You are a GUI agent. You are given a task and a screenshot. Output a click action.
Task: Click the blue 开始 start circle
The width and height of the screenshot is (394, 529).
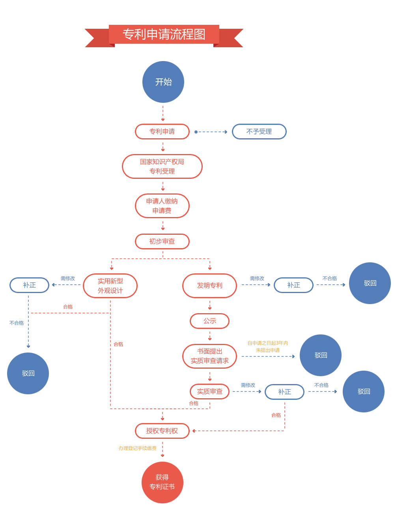tap(163, 82)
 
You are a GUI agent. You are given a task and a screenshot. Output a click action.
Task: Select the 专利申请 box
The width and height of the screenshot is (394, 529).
tap(162, 132)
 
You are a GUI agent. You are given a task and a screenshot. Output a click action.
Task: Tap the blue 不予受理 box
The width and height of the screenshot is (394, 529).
tap(259, 132)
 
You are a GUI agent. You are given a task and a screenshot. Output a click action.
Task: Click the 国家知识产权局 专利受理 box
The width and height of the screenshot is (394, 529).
tap(162, 167)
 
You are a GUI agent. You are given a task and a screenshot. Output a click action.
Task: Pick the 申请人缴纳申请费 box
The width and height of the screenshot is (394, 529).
tap(162, 206)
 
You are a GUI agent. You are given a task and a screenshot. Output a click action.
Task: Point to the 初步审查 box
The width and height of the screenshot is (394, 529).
tap(162, 241)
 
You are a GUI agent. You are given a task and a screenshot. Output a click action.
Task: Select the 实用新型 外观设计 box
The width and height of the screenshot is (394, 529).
tap(110, 286)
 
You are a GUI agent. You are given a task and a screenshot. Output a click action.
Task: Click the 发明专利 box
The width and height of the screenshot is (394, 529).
tap(209, 286)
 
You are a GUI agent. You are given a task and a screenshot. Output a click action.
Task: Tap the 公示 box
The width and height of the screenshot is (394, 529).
tap(209, 321)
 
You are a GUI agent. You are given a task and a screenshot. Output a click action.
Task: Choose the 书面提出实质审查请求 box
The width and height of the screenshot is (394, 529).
tap(209, 356)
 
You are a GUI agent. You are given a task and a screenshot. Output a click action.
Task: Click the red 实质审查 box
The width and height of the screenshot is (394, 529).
tap(209, 392)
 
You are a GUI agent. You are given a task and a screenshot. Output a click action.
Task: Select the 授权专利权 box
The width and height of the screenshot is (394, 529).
tap(162, 431)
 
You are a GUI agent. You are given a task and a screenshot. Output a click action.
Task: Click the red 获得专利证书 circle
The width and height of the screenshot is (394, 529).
tap(162, 482)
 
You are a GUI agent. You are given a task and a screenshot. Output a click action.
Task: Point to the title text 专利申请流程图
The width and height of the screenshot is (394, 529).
tap(164, 34)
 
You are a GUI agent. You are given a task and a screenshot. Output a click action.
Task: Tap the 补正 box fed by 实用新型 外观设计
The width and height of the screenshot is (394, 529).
tap(29, 285)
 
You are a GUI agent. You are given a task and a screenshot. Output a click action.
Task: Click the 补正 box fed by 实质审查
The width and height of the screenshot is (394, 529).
tap(284, 392)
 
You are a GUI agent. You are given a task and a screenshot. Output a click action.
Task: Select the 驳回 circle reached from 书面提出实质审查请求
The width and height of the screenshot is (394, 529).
tap(321, 355)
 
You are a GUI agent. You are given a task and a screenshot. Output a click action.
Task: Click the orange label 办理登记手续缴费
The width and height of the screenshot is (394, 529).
tap(138, 448)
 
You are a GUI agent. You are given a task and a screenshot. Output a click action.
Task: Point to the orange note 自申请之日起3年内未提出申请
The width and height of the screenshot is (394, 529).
tap(268, 347)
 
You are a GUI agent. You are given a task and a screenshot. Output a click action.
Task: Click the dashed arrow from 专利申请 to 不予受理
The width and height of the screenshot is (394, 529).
tap(211, 132)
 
